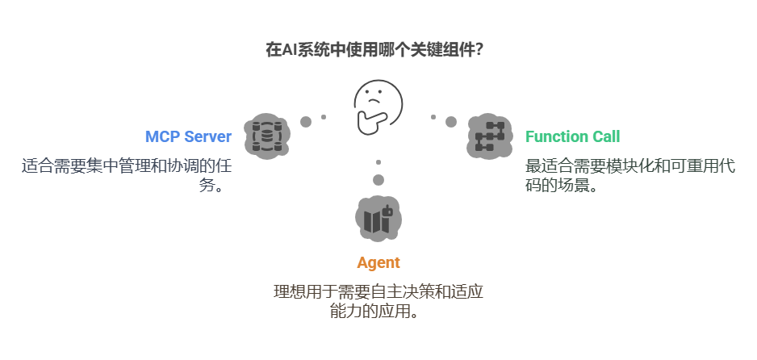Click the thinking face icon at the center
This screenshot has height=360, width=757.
[378, 108]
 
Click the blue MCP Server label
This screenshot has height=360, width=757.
[187, 136]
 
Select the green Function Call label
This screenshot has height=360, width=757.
[572, 136]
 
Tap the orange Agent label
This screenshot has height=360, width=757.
[378, 262]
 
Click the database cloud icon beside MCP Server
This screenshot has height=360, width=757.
[267, 136]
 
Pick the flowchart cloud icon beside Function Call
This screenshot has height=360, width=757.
[490, 136]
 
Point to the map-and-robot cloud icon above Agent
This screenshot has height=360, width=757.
[378, 219]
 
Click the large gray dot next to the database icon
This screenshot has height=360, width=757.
[306, 122]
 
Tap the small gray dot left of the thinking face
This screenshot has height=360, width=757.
[324, 117]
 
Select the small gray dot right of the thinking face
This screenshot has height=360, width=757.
[433, 117]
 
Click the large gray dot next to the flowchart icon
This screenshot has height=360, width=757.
[450, 122]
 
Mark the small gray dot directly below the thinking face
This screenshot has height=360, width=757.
[378, 162]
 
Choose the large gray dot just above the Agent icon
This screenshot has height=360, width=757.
[378, 179]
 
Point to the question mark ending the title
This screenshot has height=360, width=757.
[479, 49]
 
